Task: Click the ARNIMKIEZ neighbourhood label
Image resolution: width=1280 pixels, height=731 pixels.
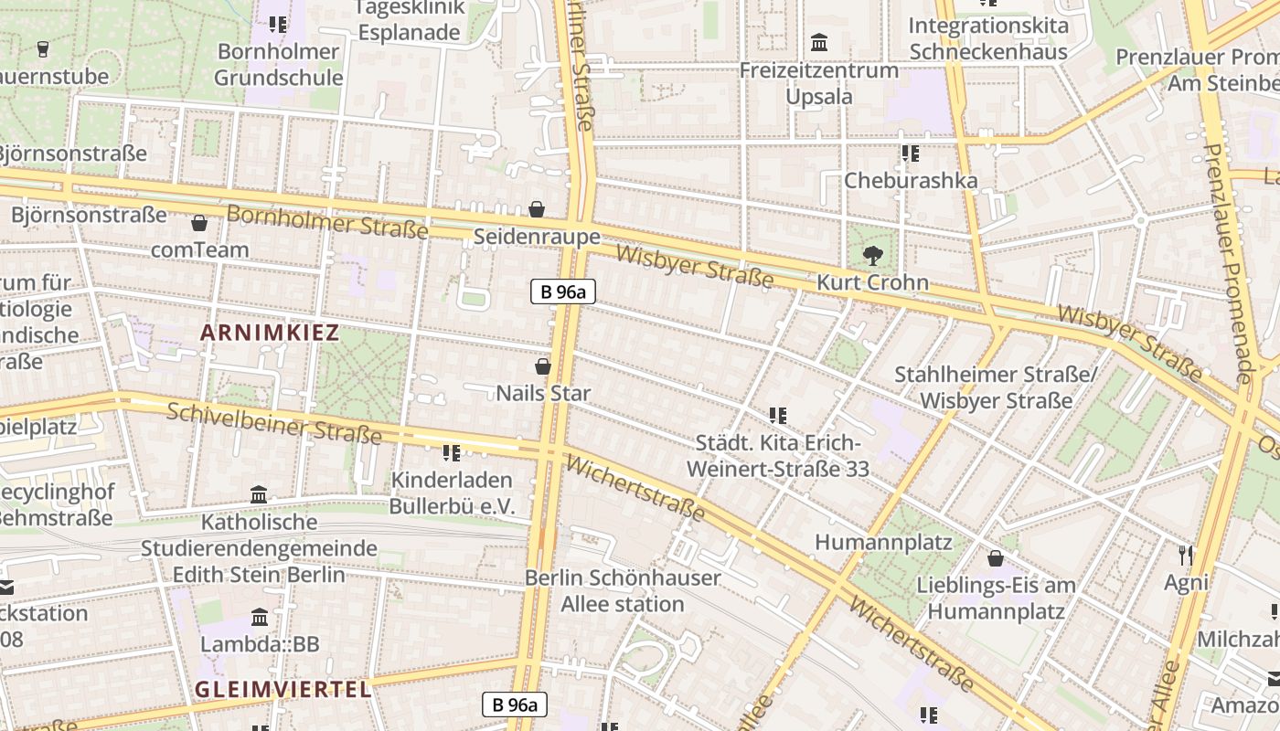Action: tap(270, 333)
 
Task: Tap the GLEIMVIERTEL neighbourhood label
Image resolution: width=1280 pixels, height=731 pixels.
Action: tap(283, 689)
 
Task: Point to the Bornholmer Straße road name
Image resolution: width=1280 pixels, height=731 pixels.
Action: tap(327, 222)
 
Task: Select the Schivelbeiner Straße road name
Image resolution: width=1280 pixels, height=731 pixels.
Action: tap(274, 423)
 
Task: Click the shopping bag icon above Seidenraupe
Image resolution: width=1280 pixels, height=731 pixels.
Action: tap(537, 210)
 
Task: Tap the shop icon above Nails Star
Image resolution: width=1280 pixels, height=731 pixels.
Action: tap(542, 366)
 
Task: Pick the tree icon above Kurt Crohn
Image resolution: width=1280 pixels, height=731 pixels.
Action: tap(872, 256)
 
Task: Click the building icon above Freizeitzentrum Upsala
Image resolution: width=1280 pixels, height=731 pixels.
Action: tap(819, 43)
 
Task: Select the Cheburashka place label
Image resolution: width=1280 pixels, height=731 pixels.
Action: tap(910, 180)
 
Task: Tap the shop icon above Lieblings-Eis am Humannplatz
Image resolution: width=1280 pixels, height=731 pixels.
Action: tap(995, 557)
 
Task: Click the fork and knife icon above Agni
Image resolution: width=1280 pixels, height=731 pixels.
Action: tap(1186, 555)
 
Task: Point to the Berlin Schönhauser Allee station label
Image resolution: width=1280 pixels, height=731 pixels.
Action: tap(623, 591)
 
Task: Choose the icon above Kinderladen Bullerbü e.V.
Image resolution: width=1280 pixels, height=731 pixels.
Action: tap(451, 452)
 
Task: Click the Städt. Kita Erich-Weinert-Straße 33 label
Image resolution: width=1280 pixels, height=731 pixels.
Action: tap(777, 457)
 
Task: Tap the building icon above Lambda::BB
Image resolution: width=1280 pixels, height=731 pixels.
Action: tap(260, 618)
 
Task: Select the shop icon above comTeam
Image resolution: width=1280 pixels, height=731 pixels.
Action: tap(199, 223)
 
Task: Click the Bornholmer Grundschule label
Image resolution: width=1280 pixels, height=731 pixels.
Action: tap(278, 64)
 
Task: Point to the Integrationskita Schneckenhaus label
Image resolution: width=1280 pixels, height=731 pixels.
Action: tap(987, 38)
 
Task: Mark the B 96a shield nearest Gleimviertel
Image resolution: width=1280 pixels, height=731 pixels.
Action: tap(515, 705)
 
